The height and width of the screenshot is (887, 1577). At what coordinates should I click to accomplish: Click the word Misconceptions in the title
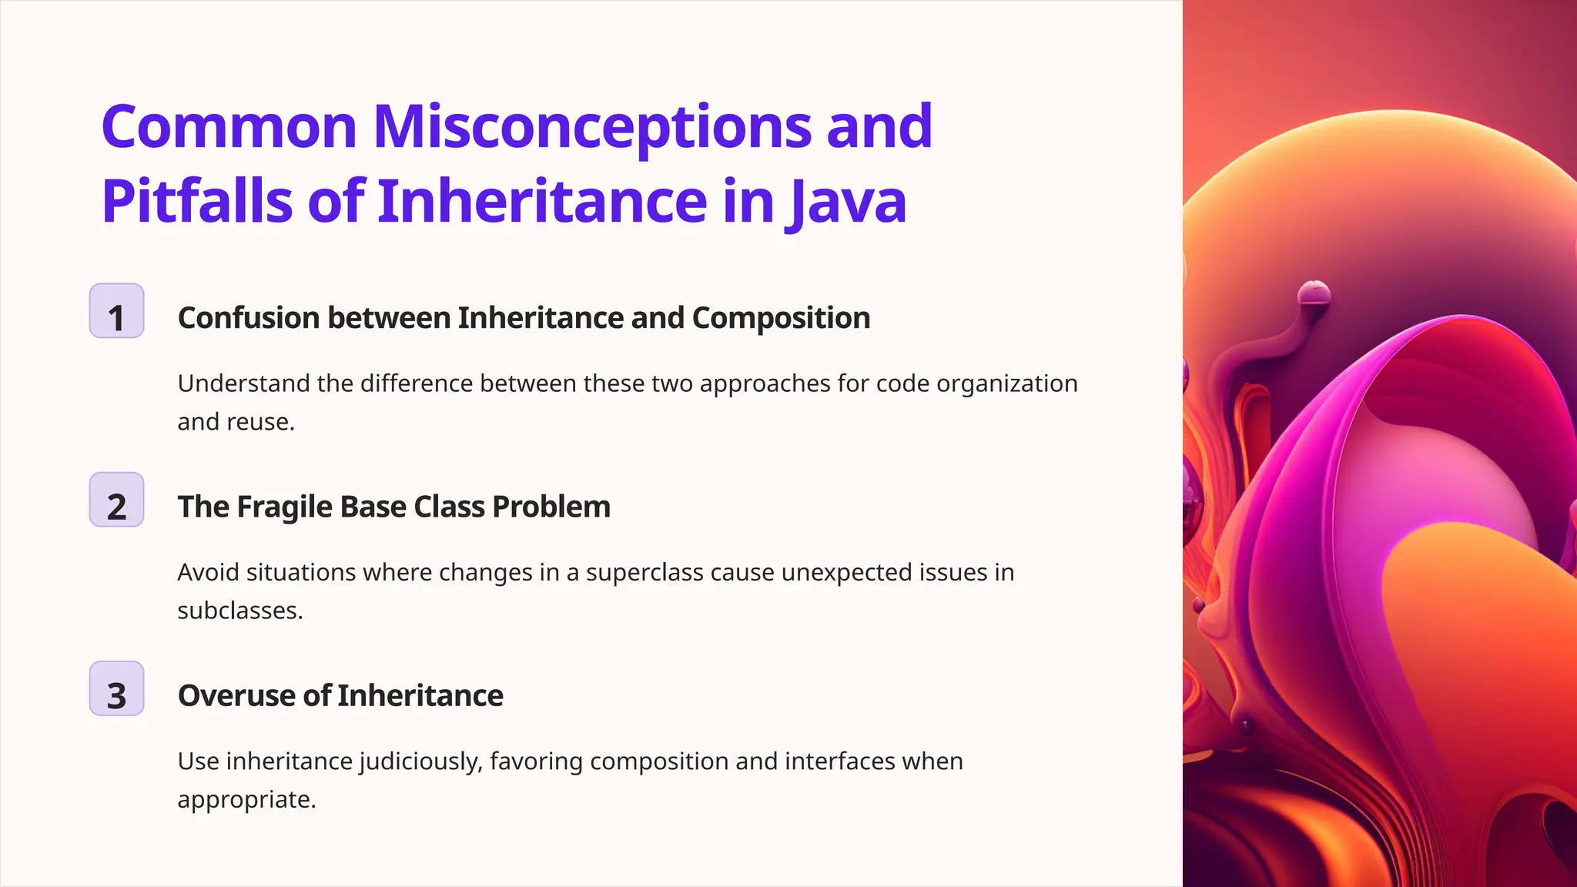[x=591, y=127]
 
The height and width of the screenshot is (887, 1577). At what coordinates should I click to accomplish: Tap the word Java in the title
[x=846, y=202]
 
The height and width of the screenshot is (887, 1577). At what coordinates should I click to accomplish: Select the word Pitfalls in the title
[x=196, y=202]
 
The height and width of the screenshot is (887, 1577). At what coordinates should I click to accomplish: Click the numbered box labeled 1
[x=116, y=311]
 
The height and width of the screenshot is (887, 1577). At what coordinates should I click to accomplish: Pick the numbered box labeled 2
[x=116, y=500]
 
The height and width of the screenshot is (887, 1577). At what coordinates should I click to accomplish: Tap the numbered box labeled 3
[x=116, y=688]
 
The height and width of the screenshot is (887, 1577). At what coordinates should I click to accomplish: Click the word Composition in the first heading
[x=781, y=318]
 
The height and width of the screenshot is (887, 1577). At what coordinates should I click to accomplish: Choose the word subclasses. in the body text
[x=240, y=611]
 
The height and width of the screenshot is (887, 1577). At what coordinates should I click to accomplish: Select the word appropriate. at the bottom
[x=246, y=800]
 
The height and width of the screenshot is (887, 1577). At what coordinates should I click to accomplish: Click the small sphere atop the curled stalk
[x=1314, y=293]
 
